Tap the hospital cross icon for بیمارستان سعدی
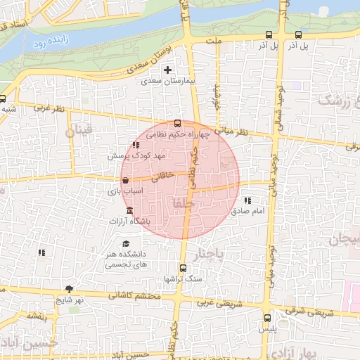tap(167, 70)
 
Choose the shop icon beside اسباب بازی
tap(125, 181)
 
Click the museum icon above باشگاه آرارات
tap(129, 211)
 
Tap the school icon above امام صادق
tap(247, 202)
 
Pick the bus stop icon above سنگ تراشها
tap(184, 268)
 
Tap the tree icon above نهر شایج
tap(69, 289)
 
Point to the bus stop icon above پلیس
tap(266, 318)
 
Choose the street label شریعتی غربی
tap(213, 302)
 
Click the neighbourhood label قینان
tap(77, 131)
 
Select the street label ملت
tap(214, 41)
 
